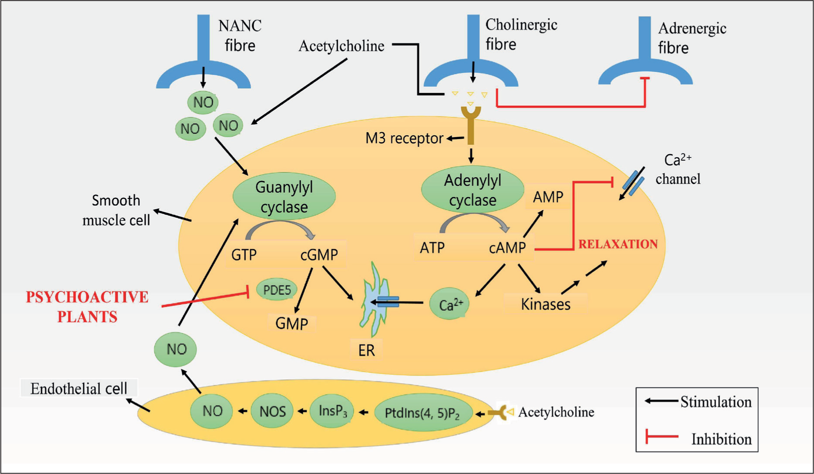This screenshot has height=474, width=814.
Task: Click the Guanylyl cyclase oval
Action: (284, 197)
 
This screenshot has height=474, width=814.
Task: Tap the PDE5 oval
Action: (277, 290)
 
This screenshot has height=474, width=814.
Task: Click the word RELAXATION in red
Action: (618, 244)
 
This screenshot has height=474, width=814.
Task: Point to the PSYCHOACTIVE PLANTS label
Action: (87, 307)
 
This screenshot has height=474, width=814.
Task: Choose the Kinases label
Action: (546, 304)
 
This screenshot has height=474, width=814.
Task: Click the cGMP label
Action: (319, 254)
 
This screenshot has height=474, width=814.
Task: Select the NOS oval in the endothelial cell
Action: (273, 411)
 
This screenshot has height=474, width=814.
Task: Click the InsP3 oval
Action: (332, 411)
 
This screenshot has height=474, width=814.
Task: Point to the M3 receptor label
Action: (404, 138)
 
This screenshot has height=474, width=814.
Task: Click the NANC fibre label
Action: (240, 35)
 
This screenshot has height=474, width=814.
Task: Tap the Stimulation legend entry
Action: (698, 402)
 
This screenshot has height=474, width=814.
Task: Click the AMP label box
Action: (548, 197)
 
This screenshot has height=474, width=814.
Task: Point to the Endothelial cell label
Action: (79, 388)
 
